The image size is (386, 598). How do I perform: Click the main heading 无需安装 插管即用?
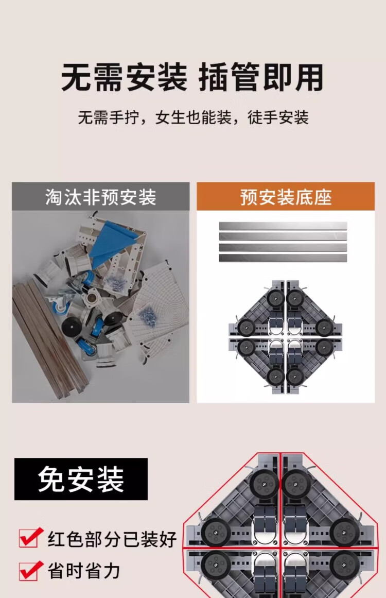pyautogui.click(x=192, y=77)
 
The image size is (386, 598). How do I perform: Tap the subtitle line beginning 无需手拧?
pyautogui.click(x=193, y=117)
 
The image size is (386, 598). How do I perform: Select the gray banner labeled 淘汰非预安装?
pyautogui.click(x=100, y=196)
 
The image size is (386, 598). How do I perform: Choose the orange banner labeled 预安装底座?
pyautogui.click(x=286, y=196)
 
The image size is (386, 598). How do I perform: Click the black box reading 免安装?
pyautogui.click(x=81, y=479)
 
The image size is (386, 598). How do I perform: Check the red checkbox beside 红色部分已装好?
pyautogui.click(x=30, y=537)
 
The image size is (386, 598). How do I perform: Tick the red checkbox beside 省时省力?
pyautogui.click(x=30, y=571)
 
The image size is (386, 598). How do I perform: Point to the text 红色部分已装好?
pyautogui.click(x=112, y=539)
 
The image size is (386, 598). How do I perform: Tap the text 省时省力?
pyautogui.click(x=84, y=571)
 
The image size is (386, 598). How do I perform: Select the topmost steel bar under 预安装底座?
pyautogui.click(x=283, y=226)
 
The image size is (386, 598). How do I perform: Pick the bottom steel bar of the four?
pyautogui.click(x=283, y=258)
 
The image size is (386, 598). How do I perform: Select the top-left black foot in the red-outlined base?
pyautogui.click(x=265, y=484)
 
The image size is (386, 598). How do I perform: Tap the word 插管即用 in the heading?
pyautogui.click(x=261, y=77)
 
